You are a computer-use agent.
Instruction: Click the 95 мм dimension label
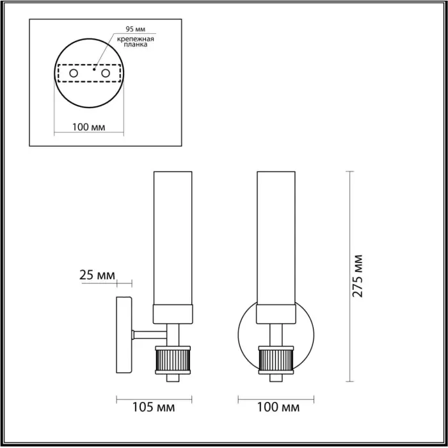136,29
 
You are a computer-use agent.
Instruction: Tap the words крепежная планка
136,42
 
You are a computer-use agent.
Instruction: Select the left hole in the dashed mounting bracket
74,73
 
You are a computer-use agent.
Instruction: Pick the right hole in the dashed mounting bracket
106,73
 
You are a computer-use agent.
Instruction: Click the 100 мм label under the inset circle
88,127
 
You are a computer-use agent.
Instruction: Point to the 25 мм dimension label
97,275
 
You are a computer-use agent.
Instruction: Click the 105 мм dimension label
154,407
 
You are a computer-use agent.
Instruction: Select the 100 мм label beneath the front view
278,407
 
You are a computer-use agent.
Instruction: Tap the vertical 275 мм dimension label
357,276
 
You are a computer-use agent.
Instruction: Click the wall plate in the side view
124,335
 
